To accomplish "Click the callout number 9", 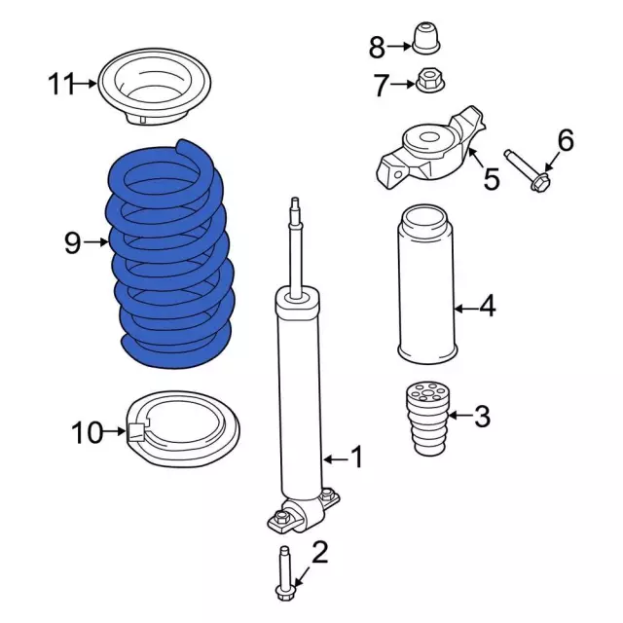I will point(72,242).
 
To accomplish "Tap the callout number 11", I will point(61,86).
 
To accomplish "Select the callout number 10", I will point(87,431).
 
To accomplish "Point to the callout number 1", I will point(356,457).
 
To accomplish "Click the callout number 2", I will point(319,554).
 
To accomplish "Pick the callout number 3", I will point(481,418).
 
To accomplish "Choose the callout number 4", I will point(487,307).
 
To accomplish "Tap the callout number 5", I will point(492,178).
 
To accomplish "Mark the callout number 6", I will point(566,141).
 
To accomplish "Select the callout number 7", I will point(381,86).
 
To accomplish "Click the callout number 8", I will point(377,45).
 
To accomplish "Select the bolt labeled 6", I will point(529,169).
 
